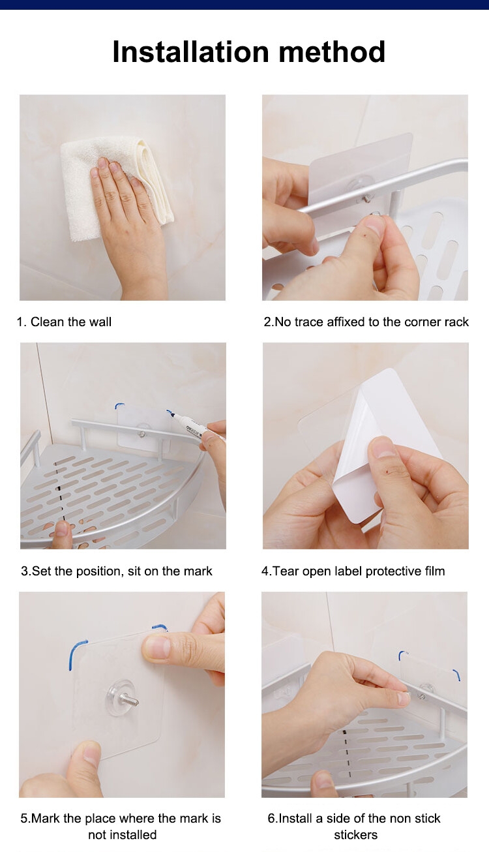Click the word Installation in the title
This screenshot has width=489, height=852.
(x=190, y=52)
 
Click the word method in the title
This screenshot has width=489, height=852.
(x=332, y=52)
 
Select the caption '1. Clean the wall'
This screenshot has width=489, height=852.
(x=64, y=322)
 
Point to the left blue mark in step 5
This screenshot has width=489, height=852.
(x=76, y=654)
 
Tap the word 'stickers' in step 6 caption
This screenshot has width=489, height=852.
(x=356, y=835)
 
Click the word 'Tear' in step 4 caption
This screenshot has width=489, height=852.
(x=286, y=571)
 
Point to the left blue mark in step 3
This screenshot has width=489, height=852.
(x=119, y=406)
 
